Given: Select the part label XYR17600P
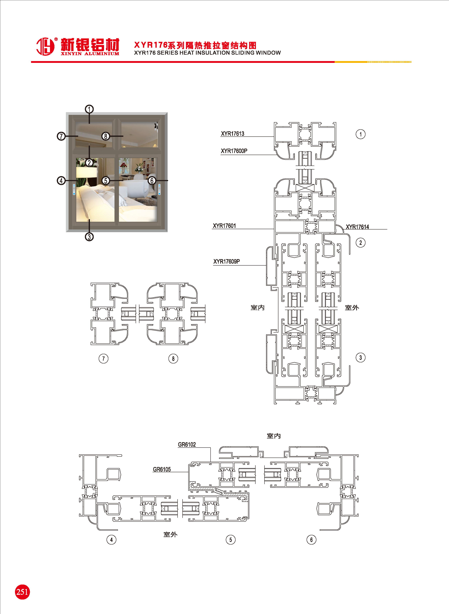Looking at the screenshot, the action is click(x=234, y=151).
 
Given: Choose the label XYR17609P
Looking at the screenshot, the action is click(x=226, y=262).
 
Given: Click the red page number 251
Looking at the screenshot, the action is click(x=22, y=592).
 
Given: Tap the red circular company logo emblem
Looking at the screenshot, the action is click(x=45, y=46).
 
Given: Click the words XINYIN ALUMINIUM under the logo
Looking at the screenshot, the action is click(x=90, y=54).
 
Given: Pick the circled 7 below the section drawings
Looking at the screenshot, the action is click(x=103, y=358).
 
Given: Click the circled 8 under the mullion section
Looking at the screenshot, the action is click(x=173, y=358).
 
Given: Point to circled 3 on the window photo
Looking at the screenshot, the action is click(x=89, y=237).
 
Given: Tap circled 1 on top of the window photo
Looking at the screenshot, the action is click(x=89, y=109).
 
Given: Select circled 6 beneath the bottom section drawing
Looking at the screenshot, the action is click(x=311, y=540).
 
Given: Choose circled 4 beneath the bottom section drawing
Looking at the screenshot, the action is click(x=111, y=540).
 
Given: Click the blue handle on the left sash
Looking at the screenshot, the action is click(x=74, y=189).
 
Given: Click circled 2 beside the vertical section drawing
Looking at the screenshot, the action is click(x=360, y=243).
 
